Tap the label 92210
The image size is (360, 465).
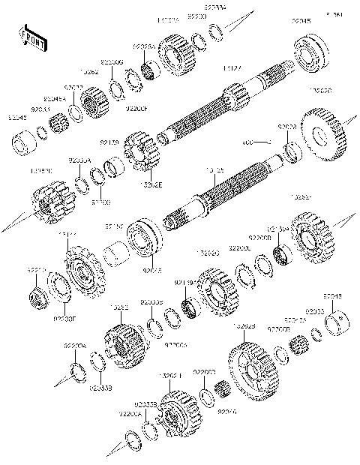[x=37, y=268]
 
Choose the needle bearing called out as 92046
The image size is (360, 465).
[x=223, y=391]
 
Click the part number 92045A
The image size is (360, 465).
[x=55, y=98]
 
